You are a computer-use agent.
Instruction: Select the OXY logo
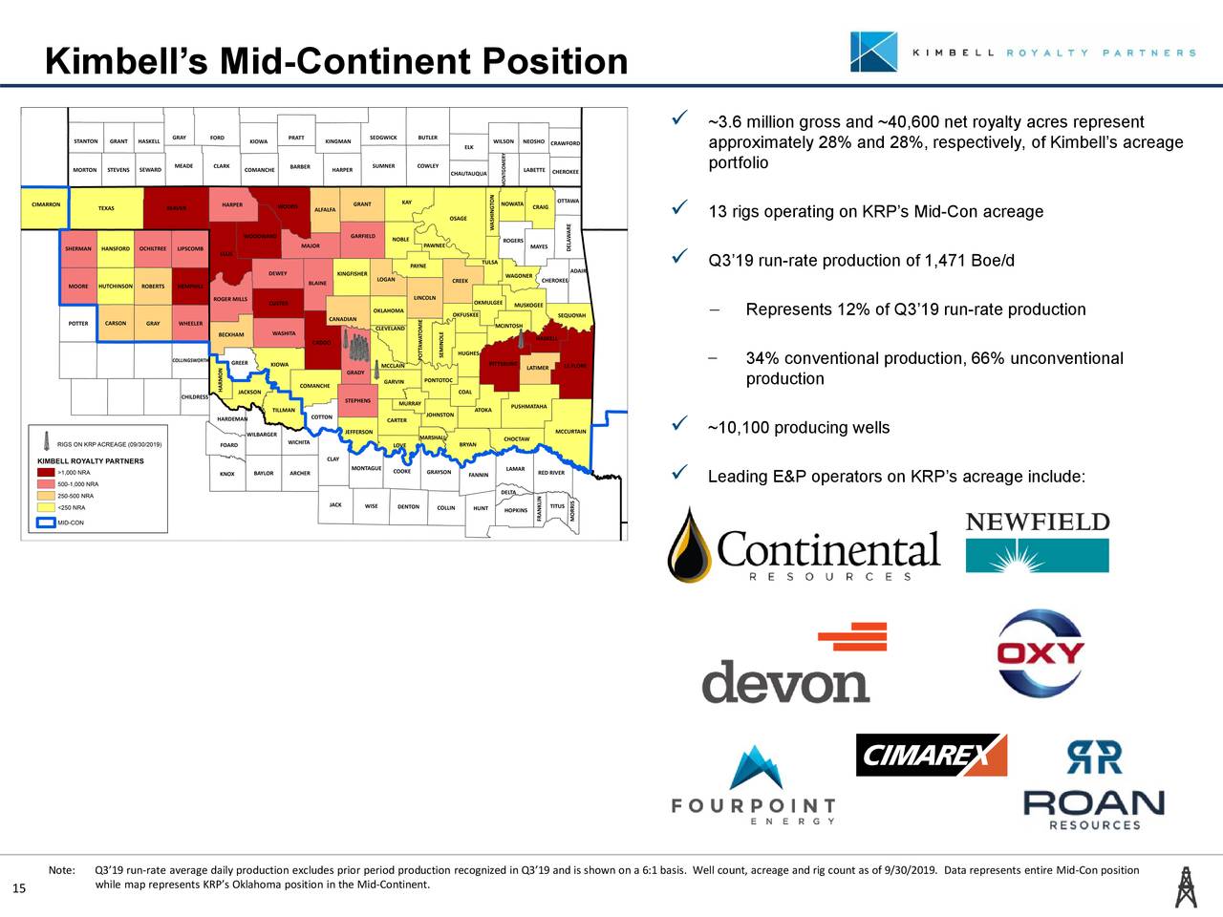1041,654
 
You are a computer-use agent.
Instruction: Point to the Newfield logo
1038,542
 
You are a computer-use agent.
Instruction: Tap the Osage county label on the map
459,219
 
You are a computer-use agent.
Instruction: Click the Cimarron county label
46,204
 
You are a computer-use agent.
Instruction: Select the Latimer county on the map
537,368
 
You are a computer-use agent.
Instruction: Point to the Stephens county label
357,401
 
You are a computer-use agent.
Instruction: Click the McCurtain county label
570,432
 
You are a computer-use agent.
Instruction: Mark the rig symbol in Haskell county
522,336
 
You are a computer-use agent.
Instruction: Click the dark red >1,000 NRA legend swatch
46,472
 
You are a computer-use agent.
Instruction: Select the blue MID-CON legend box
46,522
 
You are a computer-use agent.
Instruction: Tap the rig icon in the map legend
45,443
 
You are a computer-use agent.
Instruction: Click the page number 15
18,890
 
